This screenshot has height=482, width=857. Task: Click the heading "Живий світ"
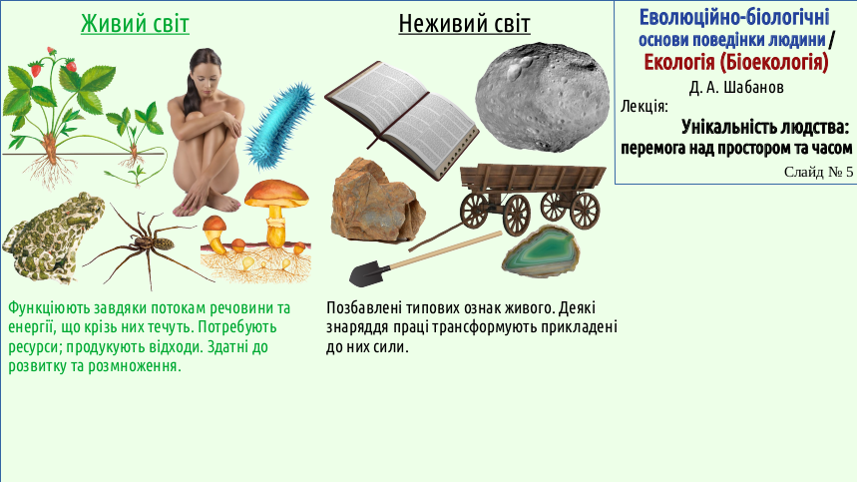click(x=135, y=24)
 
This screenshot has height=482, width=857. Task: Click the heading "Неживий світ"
click(x=464, y=24)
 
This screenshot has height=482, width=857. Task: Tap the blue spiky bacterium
click(x=279, y=126)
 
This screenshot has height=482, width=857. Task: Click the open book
click(x=402, y=120)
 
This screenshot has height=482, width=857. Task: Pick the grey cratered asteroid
click(x=542, y=97)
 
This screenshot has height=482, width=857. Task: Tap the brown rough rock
click(x=377, y=202)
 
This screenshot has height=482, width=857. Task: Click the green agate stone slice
click(x=541, y=251)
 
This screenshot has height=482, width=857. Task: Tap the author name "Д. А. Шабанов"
click(x=736, y=87)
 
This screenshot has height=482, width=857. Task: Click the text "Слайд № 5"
click(x=818, y=172)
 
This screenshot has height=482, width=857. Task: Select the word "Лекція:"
click(x=643, y=106)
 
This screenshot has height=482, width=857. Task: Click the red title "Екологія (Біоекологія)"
click(x=735, y=62)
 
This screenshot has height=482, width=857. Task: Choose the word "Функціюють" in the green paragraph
click(x=49, y=308)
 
